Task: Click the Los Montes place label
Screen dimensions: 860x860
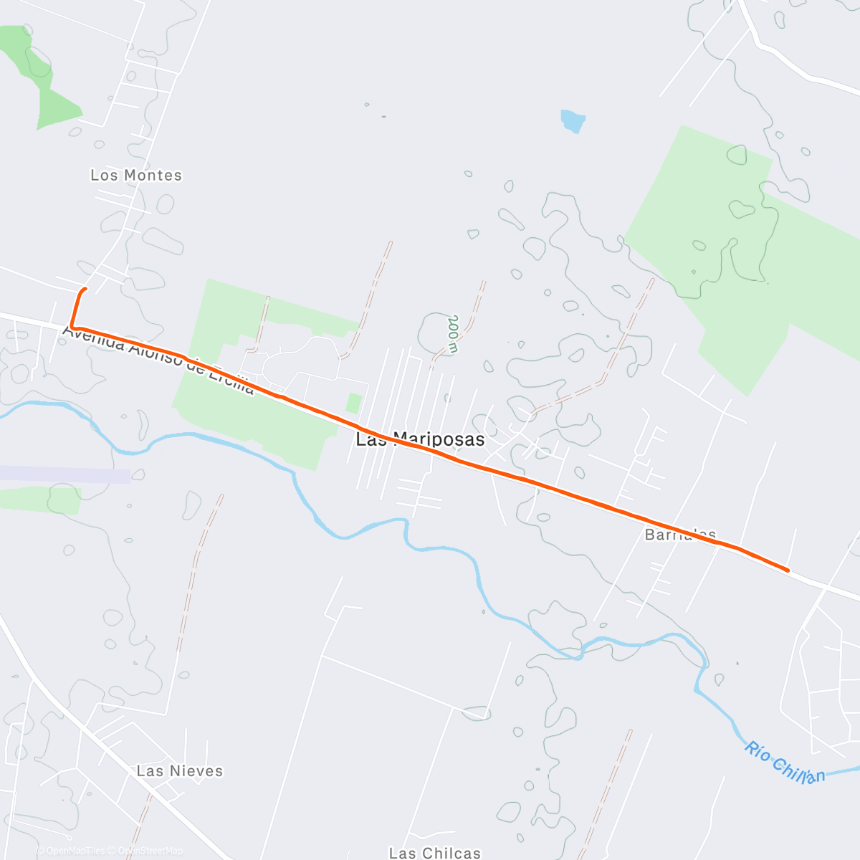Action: coord(136,176)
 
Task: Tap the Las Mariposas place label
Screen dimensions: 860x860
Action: coord(420,439)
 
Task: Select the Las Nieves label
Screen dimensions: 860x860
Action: coord(180,771)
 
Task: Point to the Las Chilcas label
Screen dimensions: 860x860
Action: coord(435,853)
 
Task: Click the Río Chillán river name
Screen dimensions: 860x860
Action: coord(784,763)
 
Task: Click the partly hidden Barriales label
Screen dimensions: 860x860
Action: coord(680,535)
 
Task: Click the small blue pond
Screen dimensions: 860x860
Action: coord(573,120)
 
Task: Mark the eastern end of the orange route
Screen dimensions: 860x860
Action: coord(788,570)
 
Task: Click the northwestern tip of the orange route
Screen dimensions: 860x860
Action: coord(85,289)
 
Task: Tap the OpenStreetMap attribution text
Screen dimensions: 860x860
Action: coord(150,851)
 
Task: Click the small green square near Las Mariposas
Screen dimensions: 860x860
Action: coord(353,403)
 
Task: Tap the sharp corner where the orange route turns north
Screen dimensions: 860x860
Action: coord(72,328)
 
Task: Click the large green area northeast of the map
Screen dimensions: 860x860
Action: coord(745,244)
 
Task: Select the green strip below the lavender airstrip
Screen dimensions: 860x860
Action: coord(39,500)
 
